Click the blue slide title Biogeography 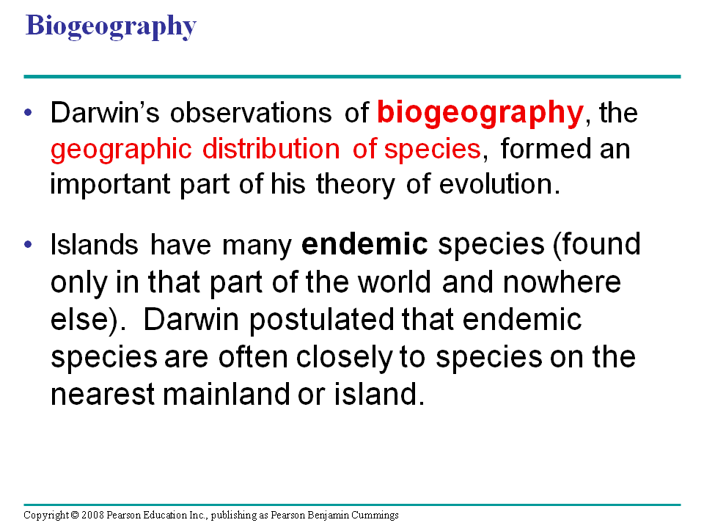(111, 26)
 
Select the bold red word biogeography (480, 114)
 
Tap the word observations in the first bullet (251, 112)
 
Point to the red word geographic (121, 150)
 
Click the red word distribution (271, 149)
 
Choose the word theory (355, 186)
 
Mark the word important (110, 186)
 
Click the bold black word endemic (364, 244)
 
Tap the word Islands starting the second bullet (95, 245)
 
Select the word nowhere (562, 282)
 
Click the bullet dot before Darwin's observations (29, 112)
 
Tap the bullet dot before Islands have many (29, 244)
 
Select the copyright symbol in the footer (75, 515)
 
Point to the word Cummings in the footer (375, 516)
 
